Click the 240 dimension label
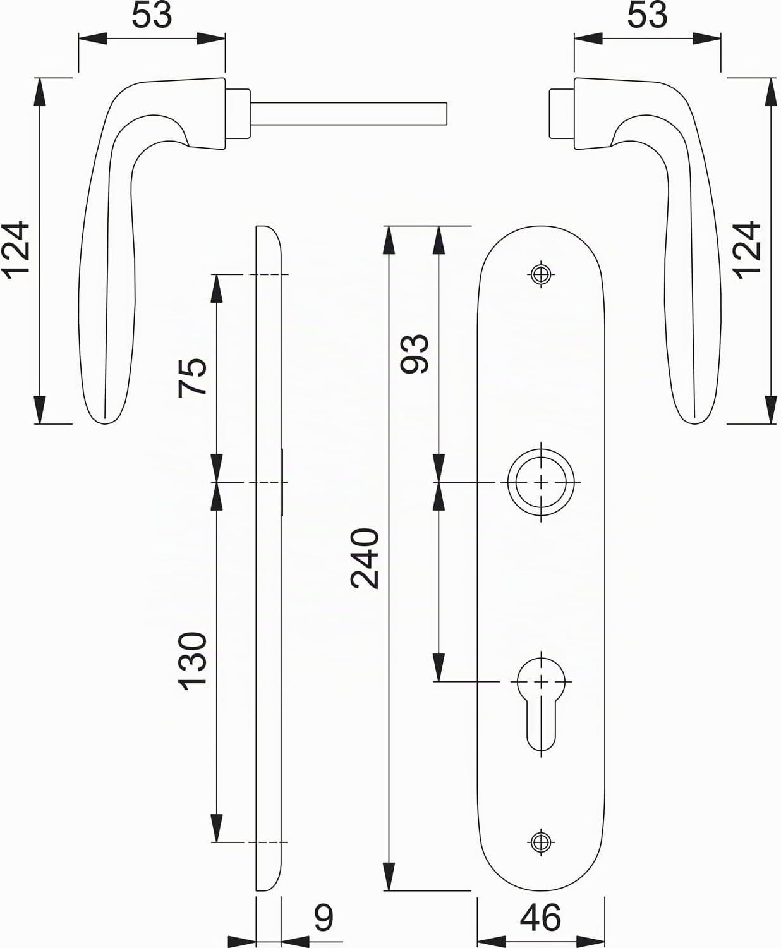[365, 559]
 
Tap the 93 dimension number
[414, 354]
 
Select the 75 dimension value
[192, 378]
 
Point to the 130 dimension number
[192, 661]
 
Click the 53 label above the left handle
[152, 15]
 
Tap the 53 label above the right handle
[648, 15]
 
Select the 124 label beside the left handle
[16, 250]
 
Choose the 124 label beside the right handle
[746, 250]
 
